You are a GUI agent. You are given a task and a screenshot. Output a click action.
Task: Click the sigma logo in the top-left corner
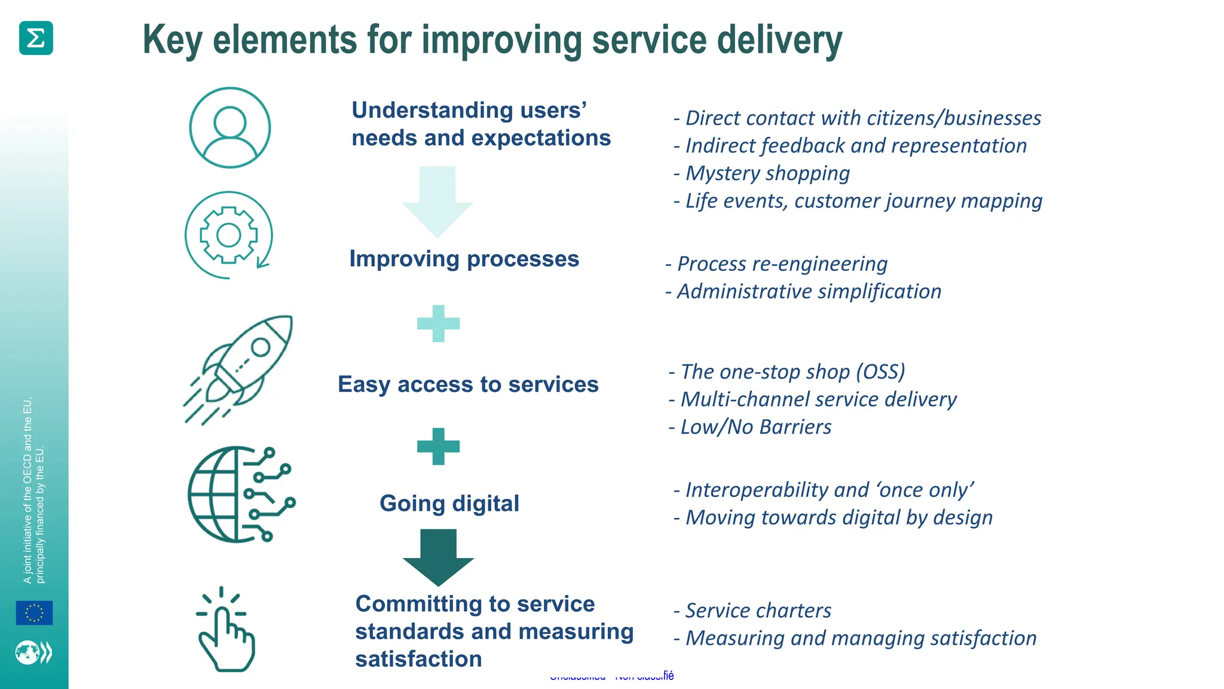click(x=36, y=38)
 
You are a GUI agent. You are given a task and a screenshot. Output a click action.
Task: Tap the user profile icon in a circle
click(x=230, y=127)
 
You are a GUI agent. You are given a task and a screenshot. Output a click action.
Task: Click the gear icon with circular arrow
click(x=229, y=235)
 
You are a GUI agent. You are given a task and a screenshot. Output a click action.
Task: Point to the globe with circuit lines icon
click(x=239, y=494)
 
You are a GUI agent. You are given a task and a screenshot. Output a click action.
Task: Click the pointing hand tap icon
click(x=225, y=631)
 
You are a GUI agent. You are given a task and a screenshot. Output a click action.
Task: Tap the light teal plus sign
click(x=438, y=324)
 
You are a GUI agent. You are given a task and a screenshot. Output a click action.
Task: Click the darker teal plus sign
click(x=438, y=446)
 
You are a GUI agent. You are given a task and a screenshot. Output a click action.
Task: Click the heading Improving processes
click(x=464, y=259)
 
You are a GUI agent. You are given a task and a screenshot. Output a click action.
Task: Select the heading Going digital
click(x=449, y=503)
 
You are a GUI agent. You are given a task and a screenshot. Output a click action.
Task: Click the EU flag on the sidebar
click(x=34, y=613)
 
